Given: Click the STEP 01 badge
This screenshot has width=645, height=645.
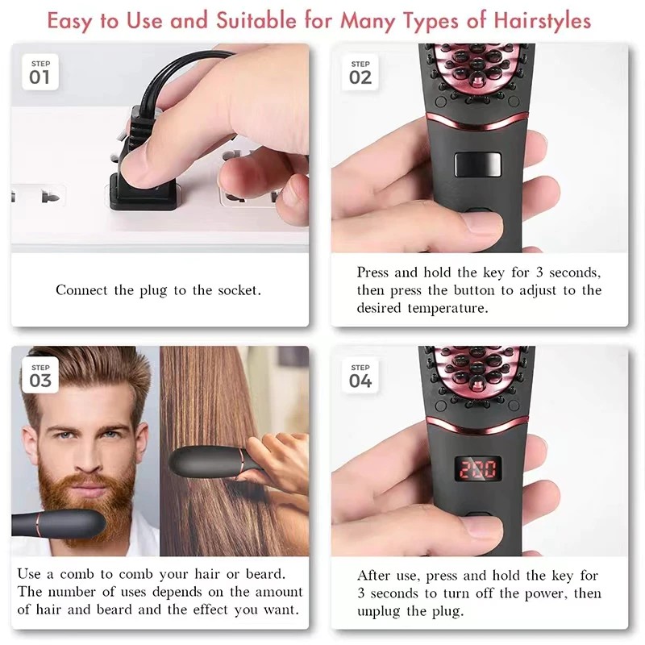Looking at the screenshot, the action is [x=40, y=72].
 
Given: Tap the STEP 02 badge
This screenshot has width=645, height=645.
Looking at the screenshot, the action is [x=360, y=72].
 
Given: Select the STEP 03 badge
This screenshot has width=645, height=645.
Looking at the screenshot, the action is [x=40, y=376].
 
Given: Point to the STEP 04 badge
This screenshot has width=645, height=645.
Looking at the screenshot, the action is [x=360, y=376].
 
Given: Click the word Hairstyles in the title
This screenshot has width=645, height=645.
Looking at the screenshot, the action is [x=542, y=21].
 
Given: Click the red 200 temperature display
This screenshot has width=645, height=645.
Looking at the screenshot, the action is [x=477, y=469].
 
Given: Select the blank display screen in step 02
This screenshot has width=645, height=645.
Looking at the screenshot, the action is [x=477, y=164].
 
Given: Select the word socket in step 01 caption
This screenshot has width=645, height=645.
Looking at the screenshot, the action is [x=239, y=290].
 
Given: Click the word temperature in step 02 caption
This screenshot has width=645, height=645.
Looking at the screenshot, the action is [x=447, y=308].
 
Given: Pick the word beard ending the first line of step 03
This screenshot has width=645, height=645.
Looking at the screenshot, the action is [x=265, y=574].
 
